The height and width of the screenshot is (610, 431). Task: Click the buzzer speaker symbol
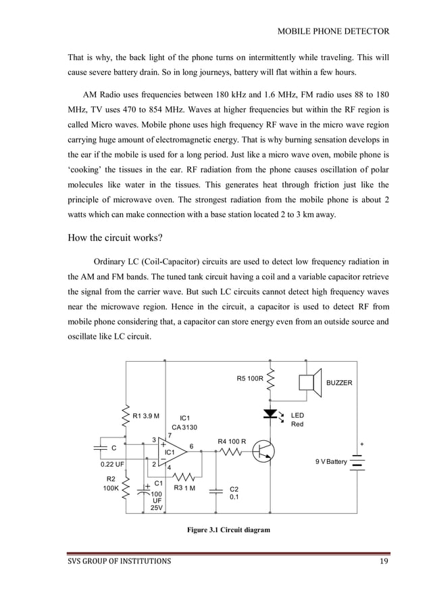pos(310,383)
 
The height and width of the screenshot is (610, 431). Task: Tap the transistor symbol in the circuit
pos(263,452)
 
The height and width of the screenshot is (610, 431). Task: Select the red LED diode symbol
pos(270,413)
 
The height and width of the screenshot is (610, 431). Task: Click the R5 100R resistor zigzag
pos(270,380)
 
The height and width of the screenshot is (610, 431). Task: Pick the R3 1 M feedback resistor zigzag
pos(184,475)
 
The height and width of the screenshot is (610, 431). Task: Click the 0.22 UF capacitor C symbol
pos(101,448)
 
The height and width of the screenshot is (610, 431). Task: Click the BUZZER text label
pos(339,383)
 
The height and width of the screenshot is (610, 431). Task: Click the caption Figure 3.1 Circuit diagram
pos(228,530)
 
